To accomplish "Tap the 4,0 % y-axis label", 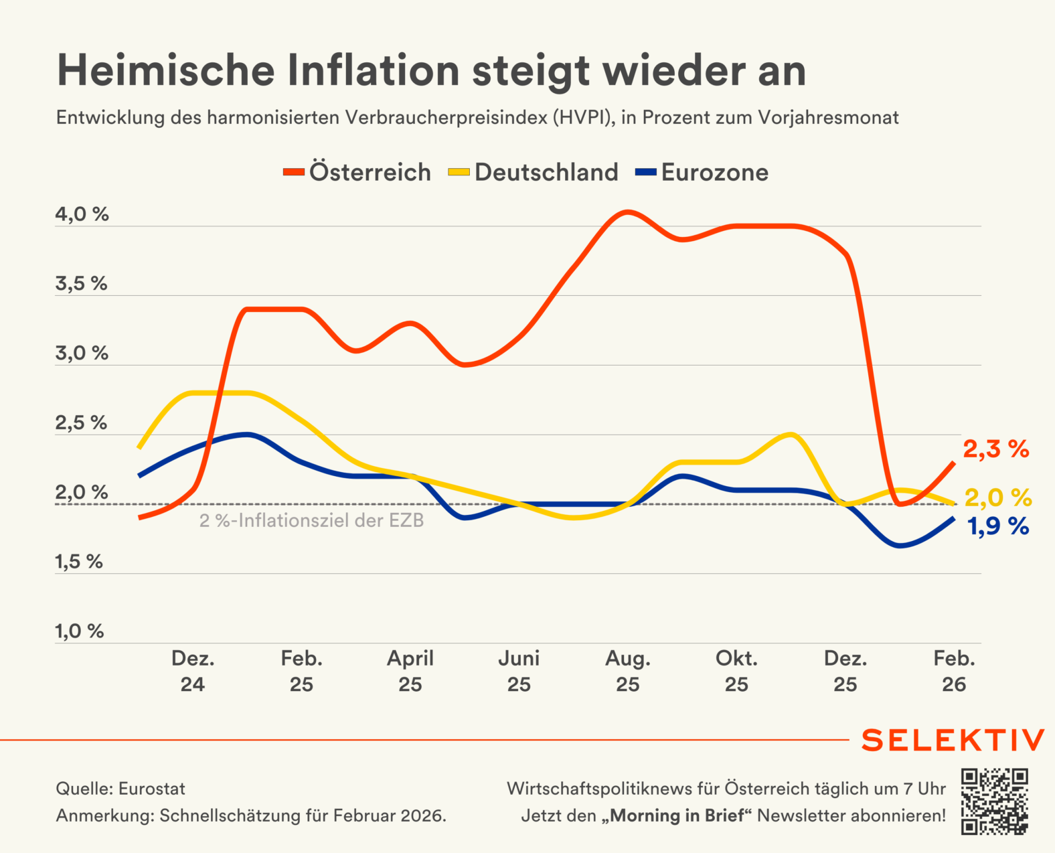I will point(82,215).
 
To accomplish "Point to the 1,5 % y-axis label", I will point(79,562).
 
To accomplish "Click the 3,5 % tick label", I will point(81,284).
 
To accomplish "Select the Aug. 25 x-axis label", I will point(628,671).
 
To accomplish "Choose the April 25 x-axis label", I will point(410,671).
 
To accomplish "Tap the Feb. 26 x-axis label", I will point(954,671).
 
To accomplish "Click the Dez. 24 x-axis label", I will point(193,671).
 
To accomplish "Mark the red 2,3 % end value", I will point(995,449).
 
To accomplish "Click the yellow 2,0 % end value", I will point(997,498).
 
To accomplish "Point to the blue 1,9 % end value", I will point(998,527).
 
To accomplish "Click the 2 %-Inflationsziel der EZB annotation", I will point(311,521).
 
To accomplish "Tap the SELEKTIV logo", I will point(953,741).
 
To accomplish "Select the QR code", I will point(994,801).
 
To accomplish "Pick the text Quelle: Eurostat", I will point(120,789).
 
